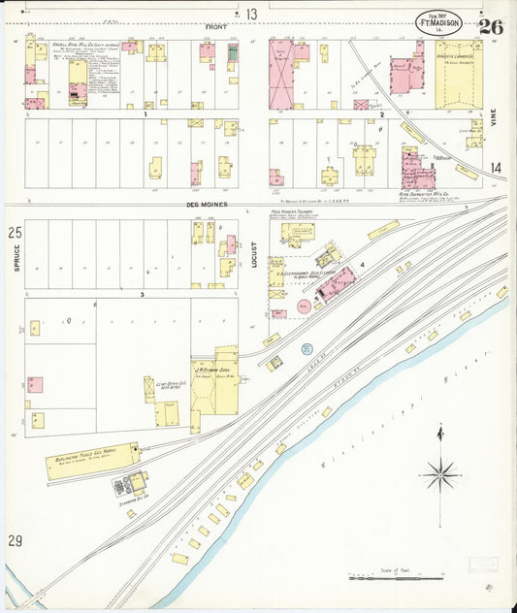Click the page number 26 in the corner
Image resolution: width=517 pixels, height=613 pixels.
[490, 26]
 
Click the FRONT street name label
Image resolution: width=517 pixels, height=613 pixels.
[215, 27]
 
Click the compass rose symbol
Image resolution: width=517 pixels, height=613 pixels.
[440, 474]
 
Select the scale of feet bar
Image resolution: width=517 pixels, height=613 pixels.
[388, 579]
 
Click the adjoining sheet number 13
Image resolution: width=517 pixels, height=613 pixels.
[251, 14]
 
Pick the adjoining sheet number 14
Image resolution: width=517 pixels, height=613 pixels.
[496, 168]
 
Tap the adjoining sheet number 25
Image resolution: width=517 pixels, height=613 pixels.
[15, 233]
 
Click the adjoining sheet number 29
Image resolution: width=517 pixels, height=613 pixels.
[15, 539]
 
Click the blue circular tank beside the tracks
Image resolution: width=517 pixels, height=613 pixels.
[307, 348]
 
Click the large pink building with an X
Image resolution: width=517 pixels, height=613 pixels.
[280, 74]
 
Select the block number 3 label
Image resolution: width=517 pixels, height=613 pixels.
[142, 293]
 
